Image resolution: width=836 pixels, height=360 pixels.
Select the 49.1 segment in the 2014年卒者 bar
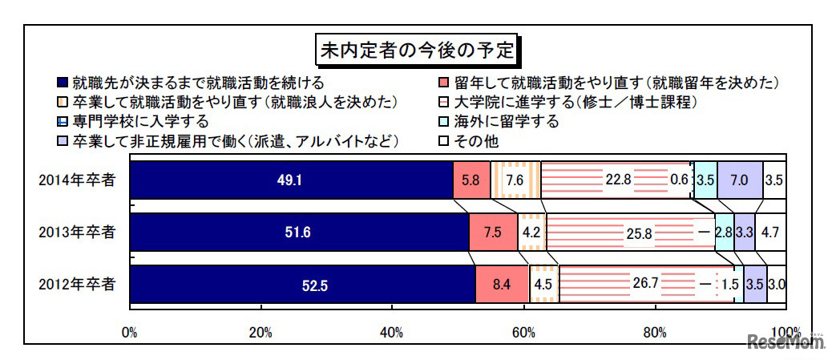click(290, 180)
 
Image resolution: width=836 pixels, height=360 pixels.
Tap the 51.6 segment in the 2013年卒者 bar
click(298, 233)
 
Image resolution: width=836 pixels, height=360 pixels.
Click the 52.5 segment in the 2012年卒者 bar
click(301, 285)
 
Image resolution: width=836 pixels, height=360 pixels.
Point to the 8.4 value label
click(502, 285)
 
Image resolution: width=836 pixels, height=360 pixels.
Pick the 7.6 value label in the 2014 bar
click(515, 180)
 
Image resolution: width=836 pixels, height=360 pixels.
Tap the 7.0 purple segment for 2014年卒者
click(739, 180)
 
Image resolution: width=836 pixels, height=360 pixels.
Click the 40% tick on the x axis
click(392, 332)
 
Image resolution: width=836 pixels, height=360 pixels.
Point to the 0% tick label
click(129, 332)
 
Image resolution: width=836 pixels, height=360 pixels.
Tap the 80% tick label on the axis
click(655, 332)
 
